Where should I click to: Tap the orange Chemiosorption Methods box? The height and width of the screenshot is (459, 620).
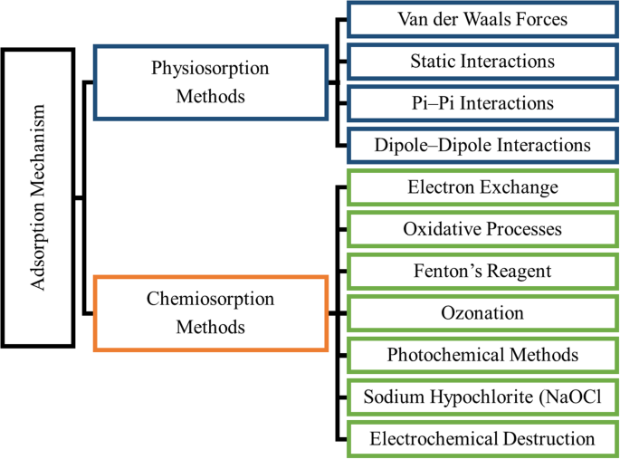point(211,313)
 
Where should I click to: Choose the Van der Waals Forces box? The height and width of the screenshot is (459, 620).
point(482,19)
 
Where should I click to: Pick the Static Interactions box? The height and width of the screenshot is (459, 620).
point(482,61)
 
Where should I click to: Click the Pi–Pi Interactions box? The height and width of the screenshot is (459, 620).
point(482,102)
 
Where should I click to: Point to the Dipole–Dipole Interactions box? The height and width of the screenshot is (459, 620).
point(482,144)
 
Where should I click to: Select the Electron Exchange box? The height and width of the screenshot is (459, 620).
point(482,187)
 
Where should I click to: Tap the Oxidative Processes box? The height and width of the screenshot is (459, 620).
point(482,229)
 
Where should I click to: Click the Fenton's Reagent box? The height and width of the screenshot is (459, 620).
point(482,271)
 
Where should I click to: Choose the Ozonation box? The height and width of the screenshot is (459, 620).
point(482,313)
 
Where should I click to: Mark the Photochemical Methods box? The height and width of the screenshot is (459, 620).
point(482,355)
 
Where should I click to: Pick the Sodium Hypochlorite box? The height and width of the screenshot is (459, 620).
point(482,397)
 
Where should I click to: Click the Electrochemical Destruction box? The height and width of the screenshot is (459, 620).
point(482,439)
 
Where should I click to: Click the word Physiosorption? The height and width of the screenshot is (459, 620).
point(211,69)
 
